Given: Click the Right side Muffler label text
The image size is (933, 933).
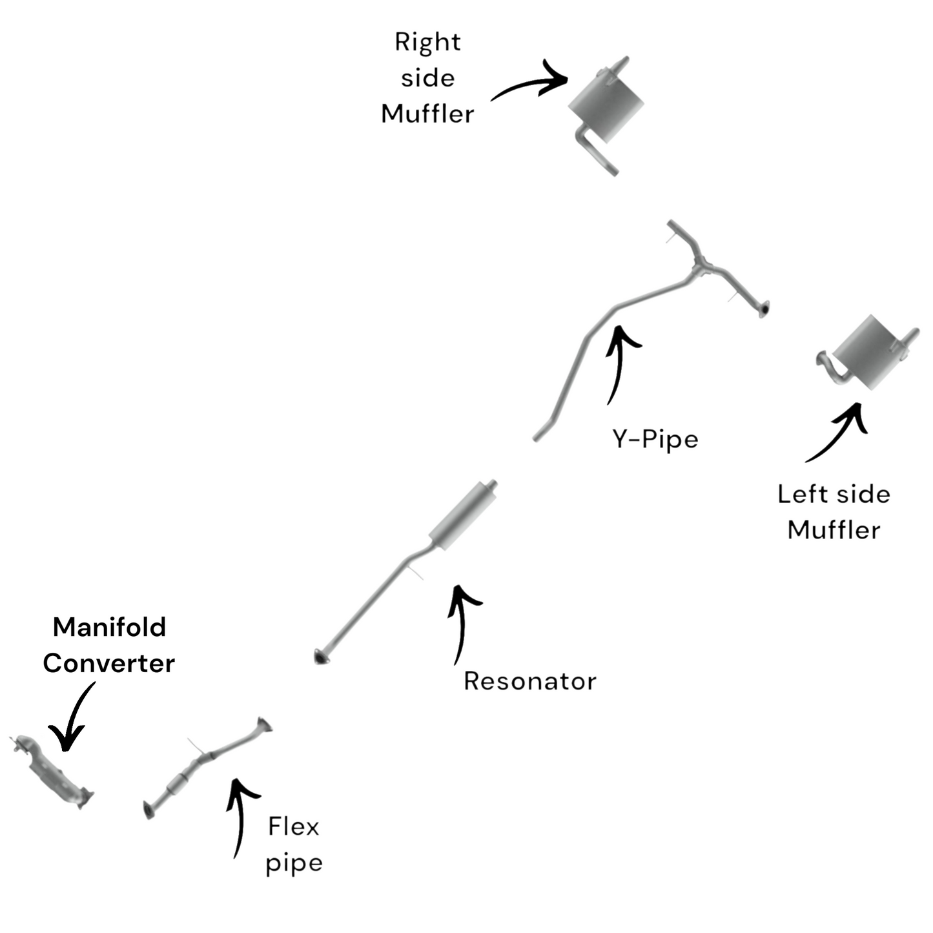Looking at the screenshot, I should [x=427, y=78].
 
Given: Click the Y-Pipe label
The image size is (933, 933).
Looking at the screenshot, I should [x=655, y=439].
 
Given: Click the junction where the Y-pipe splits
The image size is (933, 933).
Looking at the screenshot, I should [x=701, y=265].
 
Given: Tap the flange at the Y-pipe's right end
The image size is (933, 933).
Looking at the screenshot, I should [x=764, y=310].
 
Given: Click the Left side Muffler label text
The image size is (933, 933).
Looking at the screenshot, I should [x=834, y=511].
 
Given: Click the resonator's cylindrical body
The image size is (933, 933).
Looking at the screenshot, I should [x=462, y=516].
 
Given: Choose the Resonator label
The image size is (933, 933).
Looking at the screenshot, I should [x=529, y=681].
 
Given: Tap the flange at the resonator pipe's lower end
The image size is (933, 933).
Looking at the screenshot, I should [x=320, y=657].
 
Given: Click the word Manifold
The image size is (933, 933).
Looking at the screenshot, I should [x=109, y=627].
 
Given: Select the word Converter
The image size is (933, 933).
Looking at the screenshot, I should [x=108, y=663].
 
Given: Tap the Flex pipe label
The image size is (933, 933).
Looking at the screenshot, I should [x=294, y=845].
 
